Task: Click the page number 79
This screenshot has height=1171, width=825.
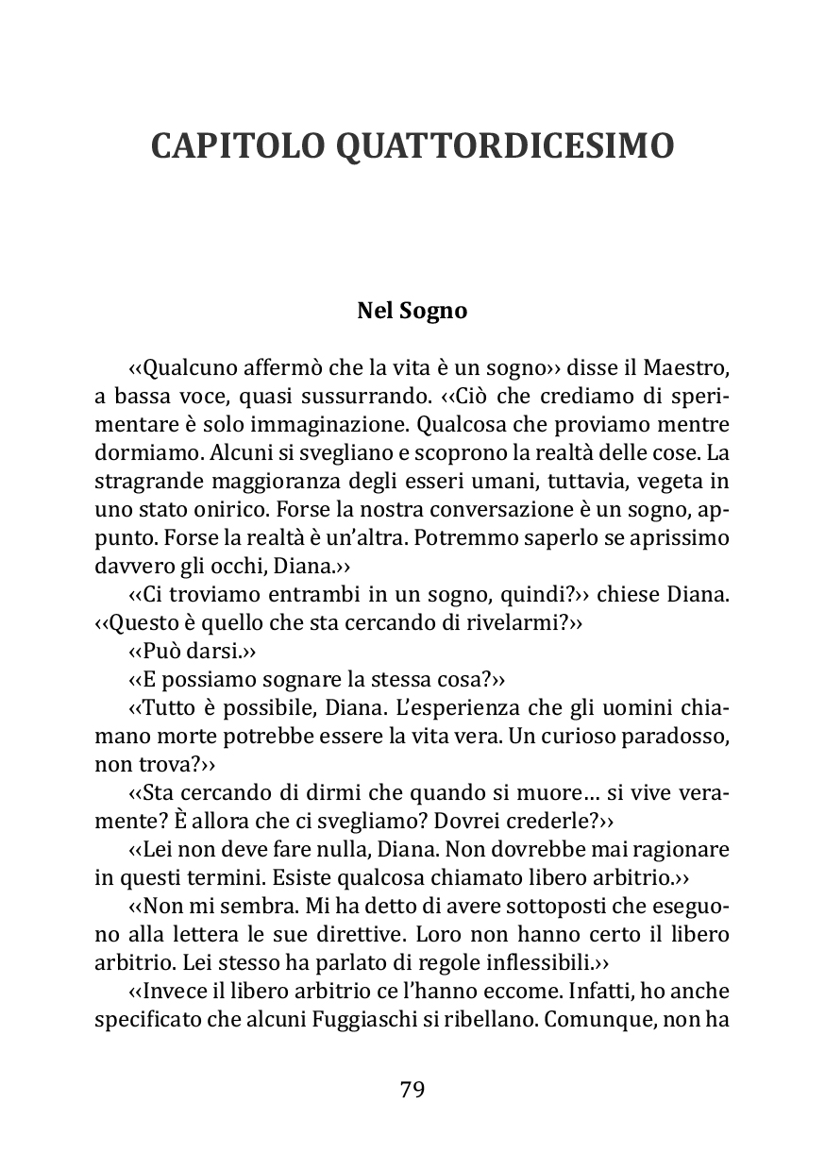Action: click(412, 1089)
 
